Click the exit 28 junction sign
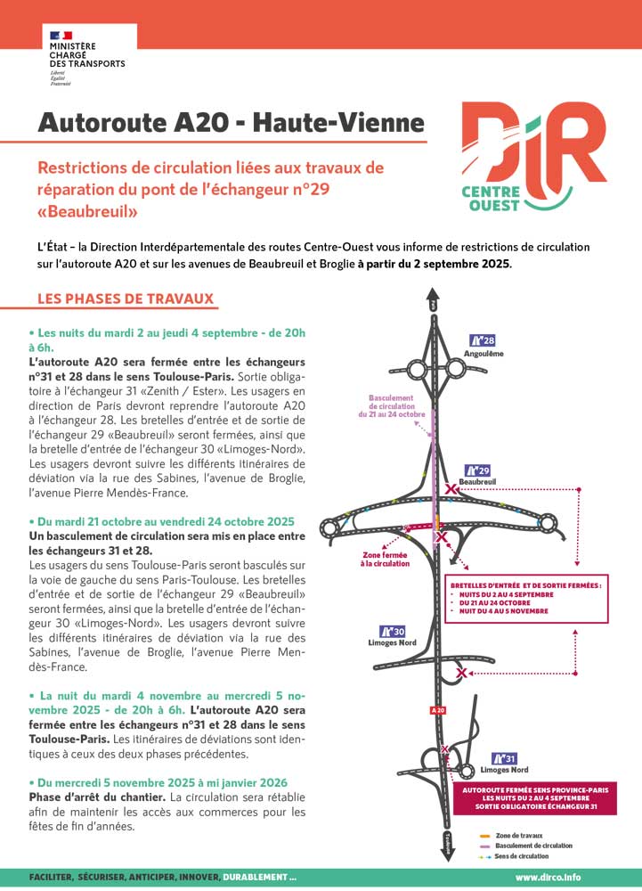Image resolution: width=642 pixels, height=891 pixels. pos(482,340)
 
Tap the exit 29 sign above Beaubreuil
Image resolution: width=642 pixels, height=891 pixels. pos(478,470)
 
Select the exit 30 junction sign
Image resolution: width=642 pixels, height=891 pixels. pos(393,631)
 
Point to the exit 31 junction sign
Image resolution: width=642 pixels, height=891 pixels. pos(504,758)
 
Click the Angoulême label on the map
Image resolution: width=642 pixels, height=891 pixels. pos(484,354)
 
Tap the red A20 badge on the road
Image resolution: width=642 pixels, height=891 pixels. pos(437,710)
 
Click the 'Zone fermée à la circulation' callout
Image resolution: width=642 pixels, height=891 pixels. pos(385,559)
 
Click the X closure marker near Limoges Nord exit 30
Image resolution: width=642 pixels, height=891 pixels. pos(460,674)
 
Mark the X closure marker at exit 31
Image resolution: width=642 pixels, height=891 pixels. pos(445,749)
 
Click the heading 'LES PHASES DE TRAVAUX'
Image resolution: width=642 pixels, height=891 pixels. pos(126,298)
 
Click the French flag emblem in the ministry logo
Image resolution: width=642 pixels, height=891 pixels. pos(61,36)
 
